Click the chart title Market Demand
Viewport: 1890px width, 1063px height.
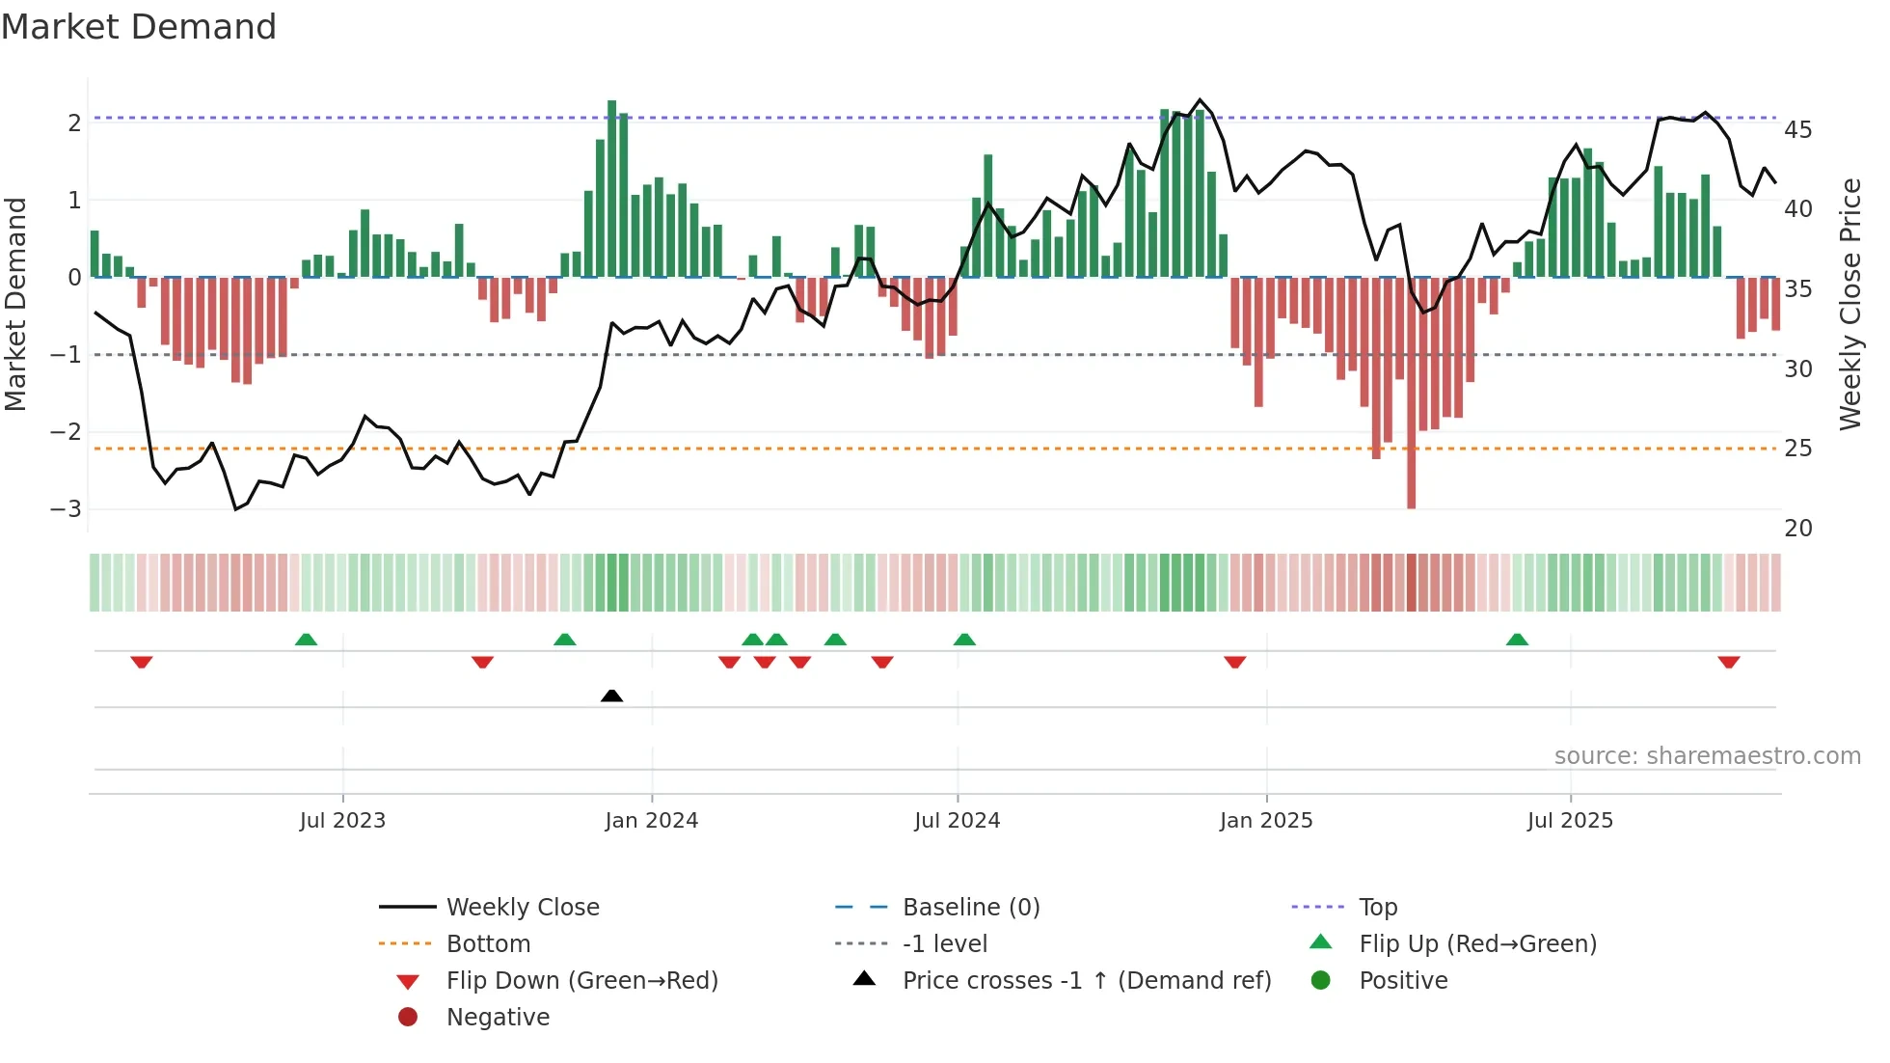tap(139, 26)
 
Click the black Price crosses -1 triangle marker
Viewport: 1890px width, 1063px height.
tap(611, 695)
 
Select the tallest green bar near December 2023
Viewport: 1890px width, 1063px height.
tap(612, 188)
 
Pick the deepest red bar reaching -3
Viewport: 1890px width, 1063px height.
tap(1411, 392)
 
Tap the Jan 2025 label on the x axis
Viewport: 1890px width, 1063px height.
tap(1265, 821)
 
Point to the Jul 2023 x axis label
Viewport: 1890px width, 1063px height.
tap(342, 821)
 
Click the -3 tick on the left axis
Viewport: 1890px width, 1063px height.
tap(67, 508)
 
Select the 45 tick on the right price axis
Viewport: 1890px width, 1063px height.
tap(1797, 129)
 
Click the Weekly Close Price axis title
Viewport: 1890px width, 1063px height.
tap(1849, 304)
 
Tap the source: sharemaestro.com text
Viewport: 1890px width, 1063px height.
tap(1707, 755)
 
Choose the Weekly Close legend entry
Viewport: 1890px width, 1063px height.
tap(522, 907)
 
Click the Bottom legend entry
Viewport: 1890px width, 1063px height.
tap(488, 943)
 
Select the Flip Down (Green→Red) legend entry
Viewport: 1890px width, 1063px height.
tap(581, 980)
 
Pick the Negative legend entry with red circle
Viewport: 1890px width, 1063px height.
tap(498, 1017)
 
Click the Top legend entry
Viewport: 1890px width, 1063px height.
tap(1377, 907)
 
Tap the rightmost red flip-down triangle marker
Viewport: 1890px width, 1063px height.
tap(1728, 662)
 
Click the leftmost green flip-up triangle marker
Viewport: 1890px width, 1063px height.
tap(306, 640)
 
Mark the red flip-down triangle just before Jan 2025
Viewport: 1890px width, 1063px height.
tap(1234, 662)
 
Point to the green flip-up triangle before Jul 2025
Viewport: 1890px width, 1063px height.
tap(1517, 640)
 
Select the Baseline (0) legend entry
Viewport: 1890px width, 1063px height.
tap(970, 907)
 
